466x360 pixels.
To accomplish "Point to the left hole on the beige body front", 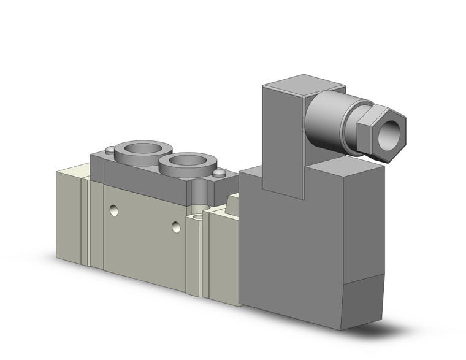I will point(113,210).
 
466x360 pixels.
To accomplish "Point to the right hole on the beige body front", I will point(177,228).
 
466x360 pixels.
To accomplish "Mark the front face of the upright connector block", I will point(283,141).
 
